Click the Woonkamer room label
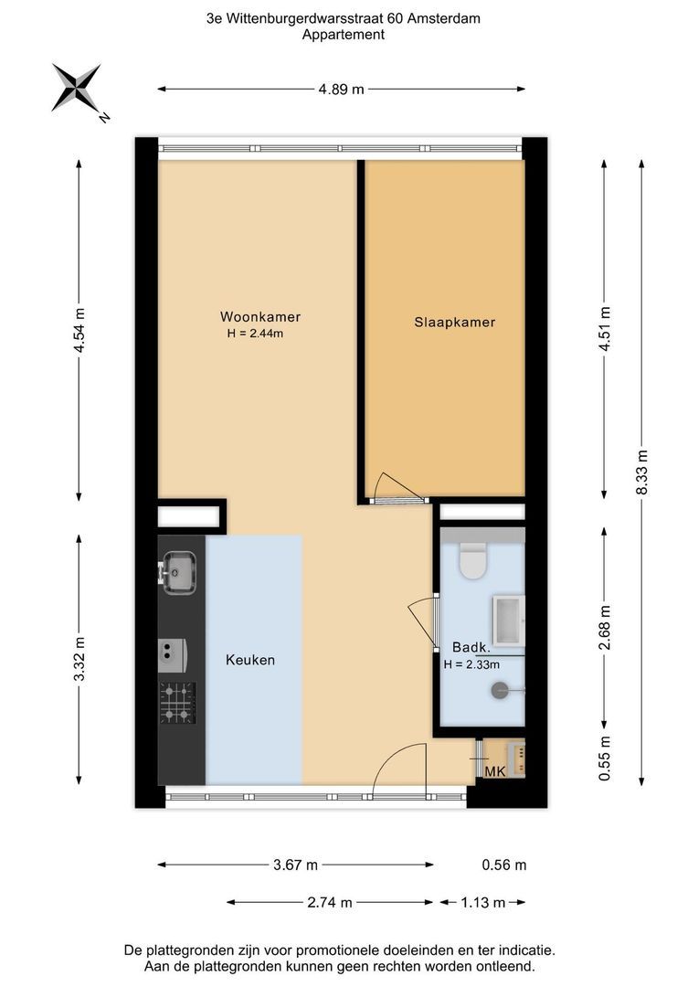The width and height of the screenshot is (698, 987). click(x=260, y=316)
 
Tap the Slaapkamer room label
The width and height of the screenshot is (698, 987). click(x=454, y=323)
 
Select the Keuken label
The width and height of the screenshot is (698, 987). click(x=250, y=660)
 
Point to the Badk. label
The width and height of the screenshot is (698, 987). click(x=471, y=647)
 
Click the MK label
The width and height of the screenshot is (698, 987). click(x=495, y=771)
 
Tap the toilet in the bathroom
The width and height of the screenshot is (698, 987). click(x=473, y=560)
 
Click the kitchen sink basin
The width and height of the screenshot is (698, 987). click(x=179, y=571)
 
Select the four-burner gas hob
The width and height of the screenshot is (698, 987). click(x=177, y=703)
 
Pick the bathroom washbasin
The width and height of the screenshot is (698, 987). click(x=509, y=621)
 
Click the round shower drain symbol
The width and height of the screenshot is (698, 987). click(x=499, y=691)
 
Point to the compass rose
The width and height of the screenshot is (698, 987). click(x=76, y=88)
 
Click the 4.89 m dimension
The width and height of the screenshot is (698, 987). click(x=341, y=90)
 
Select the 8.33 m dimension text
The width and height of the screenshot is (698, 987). click(x=642, y=472)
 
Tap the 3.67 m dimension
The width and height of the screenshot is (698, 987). click(x=295, y=865)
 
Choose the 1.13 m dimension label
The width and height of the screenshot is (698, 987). click(x=482, y=903)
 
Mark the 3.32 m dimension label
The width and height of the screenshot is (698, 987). click(x=79, y=659)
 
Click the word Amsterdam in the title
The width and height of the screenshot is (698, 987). click(x=444, y=19)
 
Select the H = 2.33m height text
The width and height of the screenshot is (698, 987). click(x=471, y=664)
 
